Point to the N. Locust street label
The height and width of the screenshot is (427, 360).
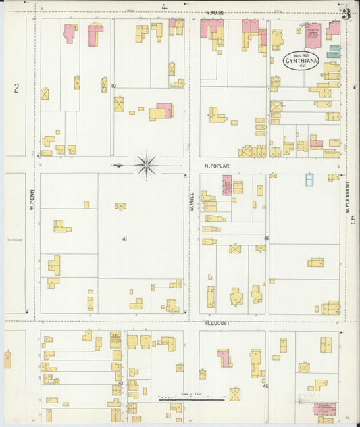(x=217, y=323)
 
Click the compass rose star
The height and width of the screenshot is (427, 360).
(x=147, y=164)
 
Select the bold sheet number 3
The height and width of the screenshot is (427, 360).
(x=346, y=13)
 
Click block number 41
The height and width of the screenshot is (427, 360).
(x=124, y=239)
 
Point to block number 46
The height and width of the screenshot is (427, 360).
(x=267, y=238)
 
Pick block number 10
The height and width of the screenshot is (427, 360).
(x=113, y=86)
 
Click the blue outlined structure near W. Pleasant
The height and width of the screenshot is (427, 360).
(x=309, y=179)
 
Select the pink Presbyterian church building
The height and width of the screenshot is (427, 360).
(x=312, y=36)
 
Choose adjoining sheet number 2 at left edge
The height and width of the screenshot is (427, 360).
(x=16, y=87)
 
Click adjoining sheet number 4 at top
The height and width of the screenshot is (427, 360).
(x=164, y=7)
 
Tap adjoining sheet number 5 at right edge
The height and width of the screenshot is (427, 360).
(x=353, y=220)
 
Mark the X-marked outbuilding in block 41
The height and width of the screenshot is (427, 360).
(x=121, y=206)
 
